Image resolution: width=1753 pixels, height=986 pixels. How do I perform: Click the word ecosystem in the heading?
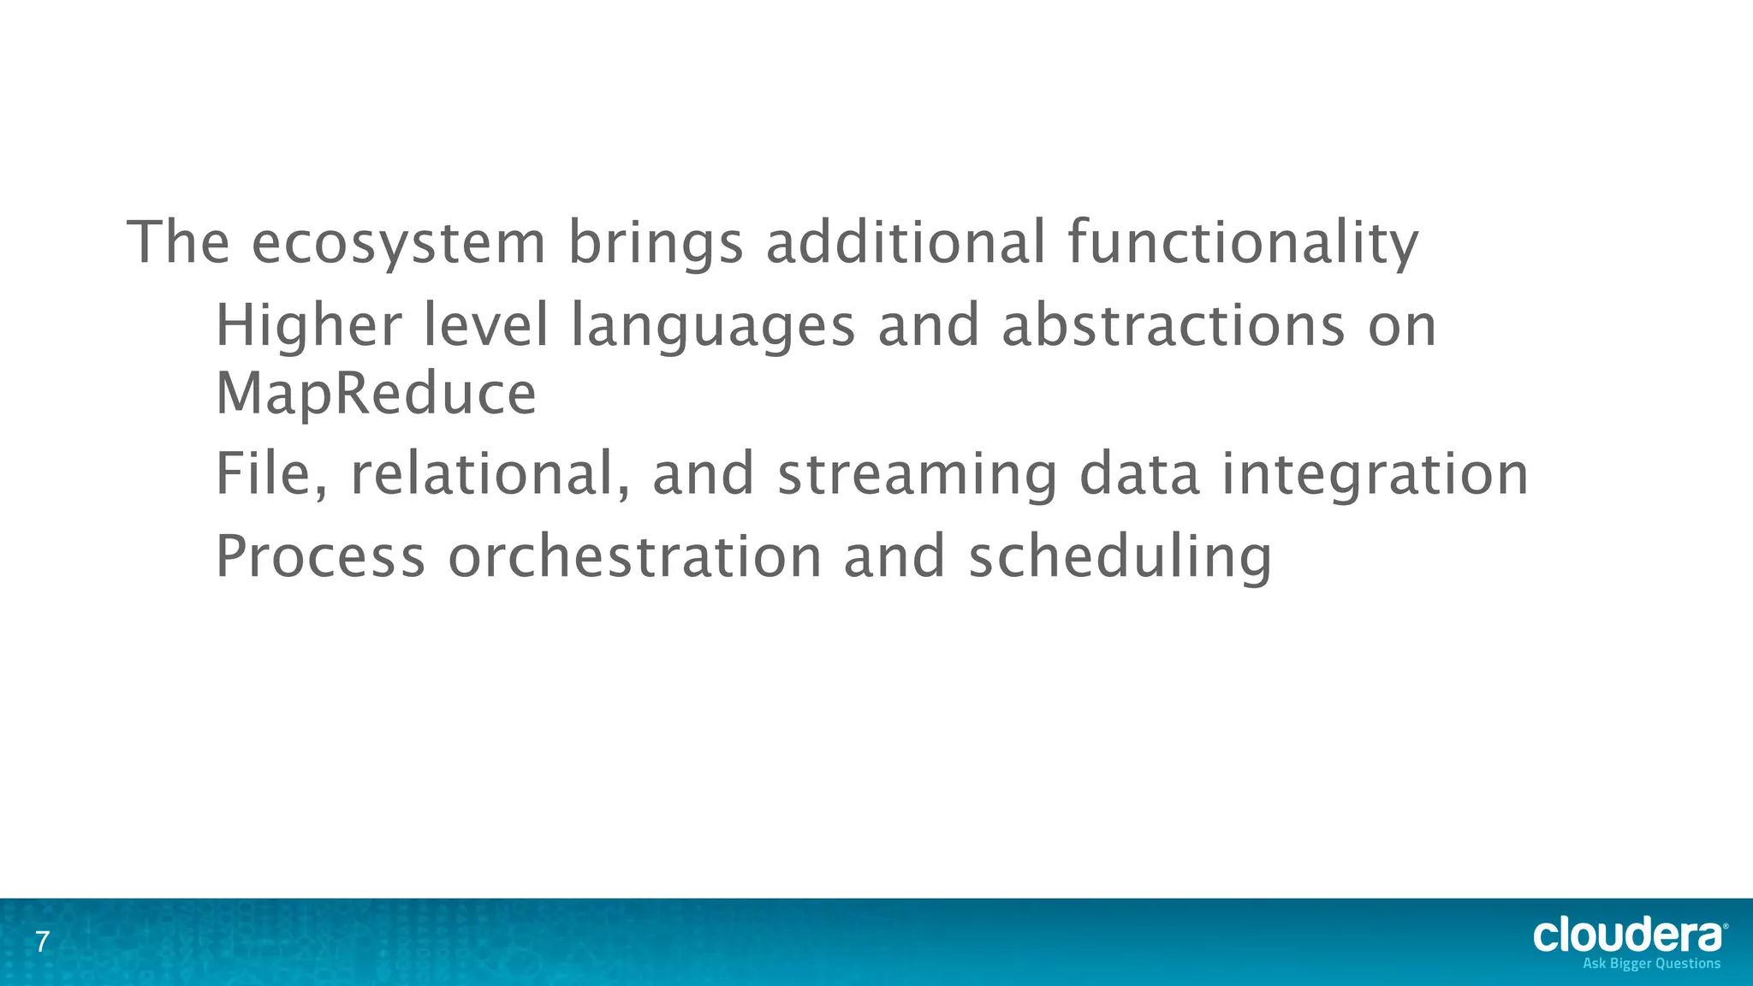click(x=398, y=243)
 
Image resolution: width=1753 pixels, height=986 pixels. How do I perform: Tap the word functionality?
click(x=1243, y=243)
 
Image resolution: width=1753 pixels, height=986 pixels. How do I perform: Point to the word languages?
click(x=713, y=326)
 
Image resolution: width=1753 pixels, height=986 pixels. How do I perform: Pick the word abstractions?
click(x=1173, y=326)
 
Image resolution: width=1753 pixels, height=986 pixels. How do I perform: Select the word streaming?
click(x=917, y=474)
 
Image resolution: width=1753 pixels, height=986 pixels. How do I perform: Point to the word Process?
click(x=320, y=556)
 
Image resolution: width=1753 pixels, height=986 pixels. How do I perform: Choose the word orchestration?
click(x=635, y=556)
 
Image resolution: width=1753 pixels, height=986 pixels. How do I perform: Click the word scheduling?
click(x=1120, y=556)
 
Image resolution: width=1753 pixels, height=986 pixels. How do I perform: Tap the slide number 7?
click(x=42, y=943)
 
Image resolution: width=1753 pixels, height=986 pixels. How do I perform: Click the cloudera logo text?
click(x=1628, y=936)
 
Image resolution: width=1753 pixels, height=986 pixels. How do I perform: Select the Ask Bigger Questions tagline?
click(x=1651, y=964)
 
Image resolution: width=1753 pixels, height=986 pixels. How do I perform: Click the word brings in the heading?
click(x=655, y=243)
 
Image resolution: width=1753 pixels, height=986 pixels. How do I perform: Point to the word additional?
click(x=905, y=243)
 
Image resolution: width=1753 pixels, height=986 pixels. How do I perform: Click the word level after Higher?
click(x=485, y=326)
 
